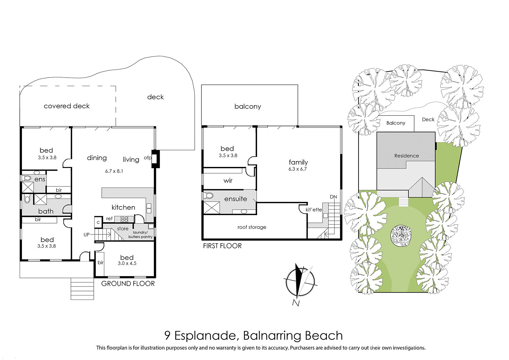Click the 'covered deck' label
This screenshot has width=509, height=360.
(x=66, y=106)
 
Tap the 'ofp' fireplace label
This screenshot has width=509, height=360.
(x=148, y=158)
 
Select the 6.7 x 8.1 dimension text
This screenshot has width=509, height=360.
(x=114, y=171)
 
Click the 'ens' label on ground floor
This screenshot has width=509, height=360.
(x=40, y=179)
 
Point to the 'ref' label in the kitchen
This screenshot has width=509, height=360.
(x=109, y=218)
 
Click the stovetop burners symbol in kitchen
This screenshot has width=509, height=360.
(x=124, y=219)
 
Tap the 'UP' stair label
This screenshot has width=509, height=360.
(x=87, y=235)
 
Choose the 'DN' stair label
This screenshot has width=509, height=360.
(x=333, y=197)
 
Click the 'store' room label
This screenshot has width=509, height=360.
(x=123, y=229)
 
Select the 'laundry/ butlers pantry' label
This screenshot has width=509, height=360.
(x=140, y=235)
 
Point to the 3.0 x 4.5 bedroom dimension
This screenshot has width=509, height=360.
(x=127, y=263)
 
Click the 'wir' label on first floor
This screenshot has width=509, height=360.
(x=228, y=181)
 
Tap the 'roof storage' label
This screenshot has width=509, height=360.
(x=252, y=227)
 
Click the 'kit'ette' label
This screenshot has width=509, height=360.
(x=314, y=210)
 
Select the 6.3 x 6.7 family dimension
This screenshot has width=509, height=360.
(x=298, y=169)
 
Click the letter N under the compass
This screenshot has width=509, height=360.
(x=296, y=303)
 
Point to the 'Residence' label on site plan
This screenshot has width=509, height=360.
(x=407, y=156)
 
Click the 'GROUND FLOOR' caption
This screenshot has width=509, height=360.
(x=128, y=284)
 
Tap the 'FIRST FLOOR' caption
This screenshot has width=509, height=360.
(x=222, y=246)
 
